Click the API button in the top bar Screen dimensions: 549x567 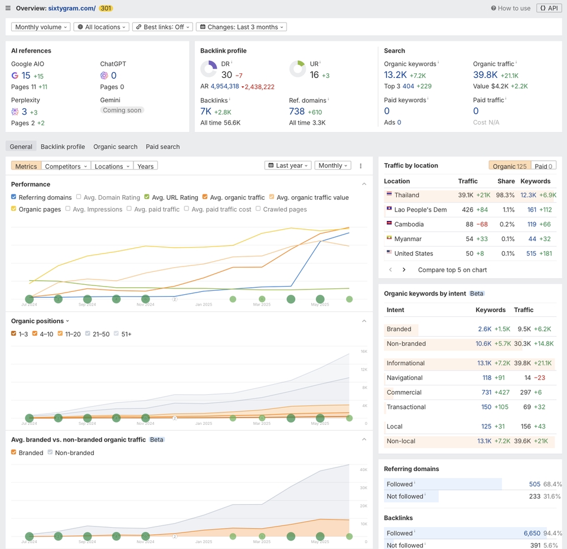tap(549, 8)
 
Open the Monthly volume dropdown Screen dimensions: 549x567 tap(41, 27)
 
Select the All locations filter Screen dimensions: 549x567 tap(101, 27)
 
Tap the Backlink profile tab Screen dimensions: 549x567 tap(63, 147)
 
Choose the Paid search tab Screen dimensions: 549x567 tap(162, 147)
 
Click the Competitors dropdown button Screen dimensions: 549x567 tap(66, 166)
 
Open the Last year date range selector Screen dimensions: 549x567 tap(288, 165)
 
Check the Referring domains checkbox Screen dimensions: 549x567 tap(14, 197)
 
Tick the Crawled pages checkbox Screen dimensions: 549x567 tap(258, 209)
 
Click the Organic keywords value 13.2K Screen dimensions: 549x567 tap(395, 75)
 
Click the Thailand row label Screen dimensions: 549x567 tap(406, 195)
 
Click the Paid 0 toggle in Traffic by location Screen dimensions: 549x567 tap(543, 166)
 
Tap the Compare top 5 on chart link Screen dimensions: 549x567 tap(452, 269)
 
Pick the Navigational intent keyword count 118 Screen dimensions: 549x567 tap(486, 378)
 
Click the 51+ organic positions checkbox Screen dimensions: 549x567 tap(116, 334)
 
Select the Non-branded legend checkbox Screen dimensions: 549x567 tap(50, 453)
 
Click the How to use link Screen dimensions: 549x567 tap(510, 8)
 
